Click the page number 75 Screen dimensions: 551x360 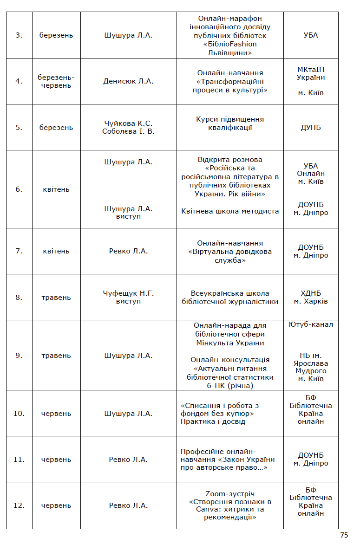point(344,535)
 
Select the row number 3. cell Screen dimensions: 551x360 point(19,35)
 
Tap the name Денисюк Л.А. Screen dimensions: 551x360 point(128,81)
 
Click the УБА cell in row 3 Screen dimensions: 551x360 point(310,35)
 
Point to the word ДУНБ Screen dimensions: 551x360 point(310,128)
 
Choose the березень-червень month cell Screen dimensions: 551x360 point(56,81)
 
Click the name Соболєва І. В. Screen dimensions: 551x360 point(128,131)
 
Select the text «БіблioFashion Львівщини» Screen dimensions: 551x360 point(230,48)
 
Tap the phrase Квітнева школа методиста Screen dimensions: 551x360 point(230,211)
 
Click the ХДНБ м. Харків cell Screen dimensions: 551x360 point(310,298)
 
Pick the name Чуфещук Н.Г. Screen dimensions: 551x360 point(128,293)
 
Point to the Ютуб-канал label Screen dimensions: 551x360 point(310,324)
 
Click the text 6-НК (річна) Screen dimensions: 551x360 point(230,386)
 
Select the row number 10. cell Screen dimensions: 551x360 point(19,414)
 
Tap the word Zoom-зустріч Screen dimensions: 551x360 point(230,494)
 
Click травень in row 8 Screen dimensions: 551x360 point(56,298)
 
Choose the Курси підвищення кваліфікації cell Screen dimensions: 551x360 point(230,123)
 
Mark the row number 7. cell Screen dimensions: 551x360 point(19,251)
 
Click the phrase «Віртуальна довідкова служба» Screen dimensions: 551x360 point(230,256)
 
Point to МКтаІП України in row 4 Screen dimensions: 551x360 point(310,73)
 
